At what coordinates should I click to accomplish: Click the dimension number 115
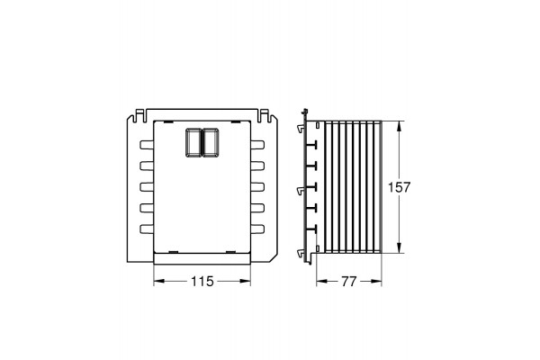[x=202, y=282]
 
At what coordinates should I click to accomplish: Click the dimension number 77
[x=349, y=282]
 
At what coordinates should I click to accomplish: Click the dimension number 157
[x=400, y=187]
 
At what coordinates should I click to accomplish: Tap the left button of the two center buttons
[x=193, y=142]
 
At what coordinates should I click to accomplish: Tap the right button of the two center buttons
[x=211, y=142]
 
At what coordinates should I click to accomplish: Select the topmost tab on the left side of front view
[x=147, y=144]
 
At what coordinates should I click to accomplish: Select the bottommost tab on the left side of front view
[x=147, y=229]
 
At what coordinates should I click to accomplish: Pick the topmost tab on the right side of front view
[x=257, y=144]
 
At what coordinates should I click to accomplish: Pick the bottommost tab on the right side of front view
[x=257, y=229]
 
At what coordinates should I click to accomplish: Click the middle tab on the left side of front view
[x=147, y=186]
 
